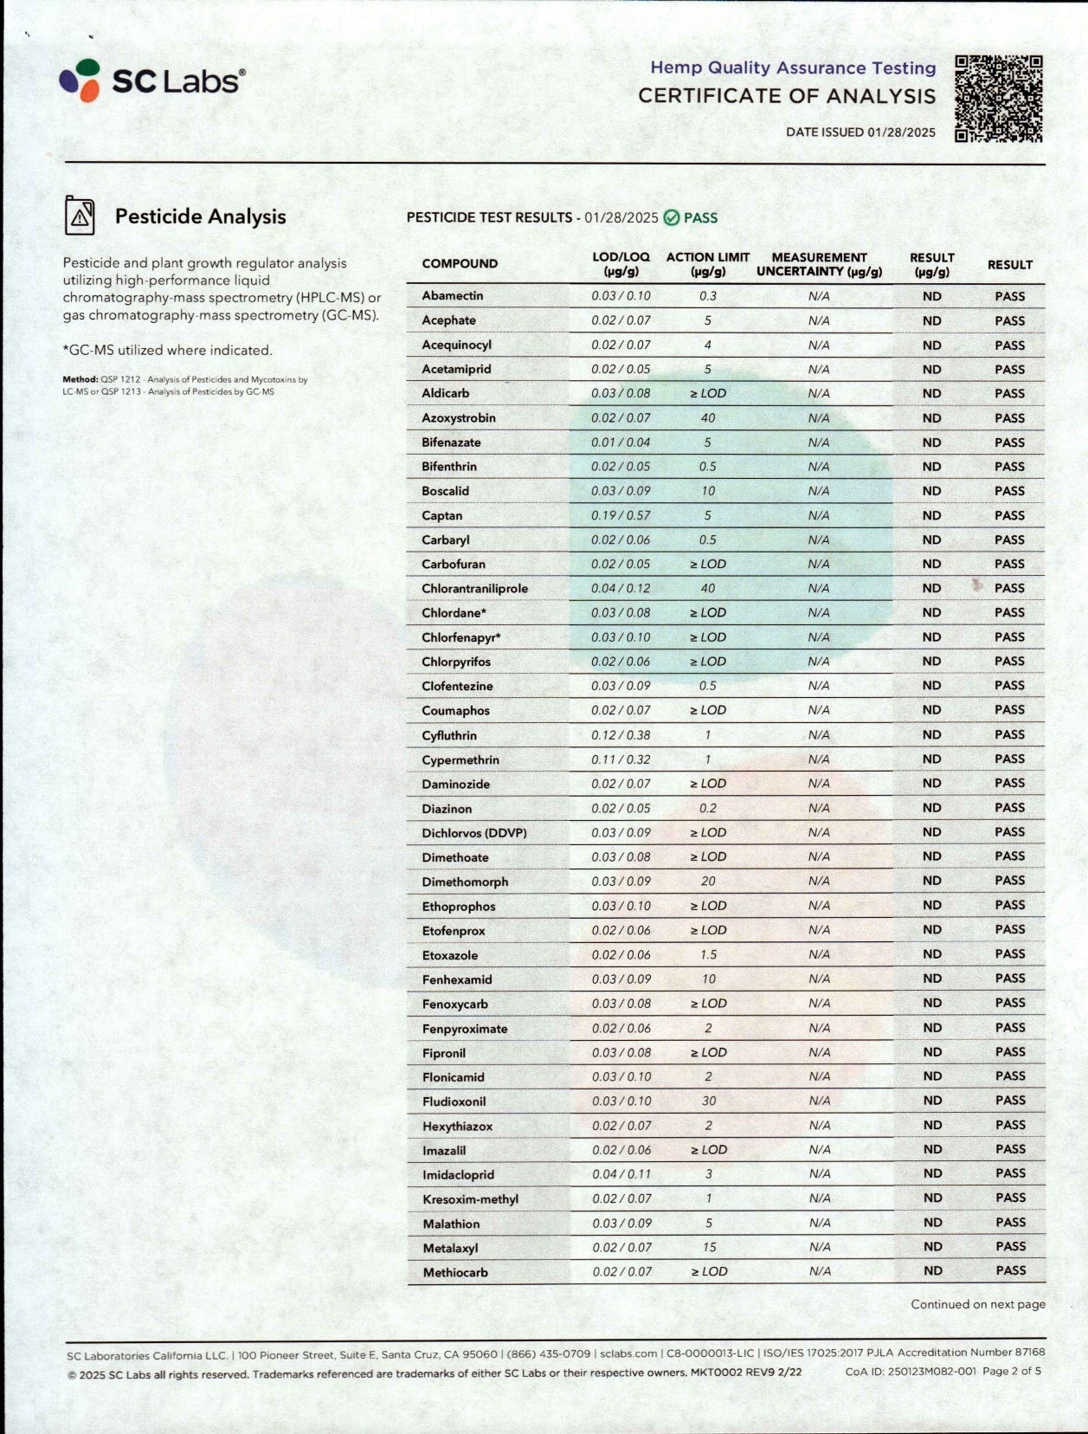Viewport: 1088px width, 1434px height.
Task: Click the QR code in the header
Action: click(x=998, y=99)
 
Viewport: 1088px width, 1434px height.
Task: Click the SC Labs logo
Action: click(x=152, y=81)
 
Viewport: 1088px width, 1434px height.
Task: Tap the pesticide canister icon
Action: click(x=80, y=216)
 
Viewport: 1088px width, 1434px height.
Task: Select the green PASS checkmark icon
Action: click(x=672, y=217)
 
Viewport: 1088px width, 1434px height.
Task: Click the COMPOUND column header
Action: click(x=460, y=264)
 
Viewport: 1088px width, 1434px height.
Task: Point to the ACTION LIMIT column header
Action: click(x=707, y=264)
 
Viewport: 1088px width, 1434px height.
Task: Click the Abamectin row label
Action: click(x=452, y=296)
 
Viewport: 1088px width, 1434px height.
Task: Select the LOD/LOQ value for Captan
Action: click(x=621, y=515)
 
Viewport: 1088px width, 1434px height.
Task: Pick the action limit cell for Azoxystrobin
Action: click(x=708, y=418)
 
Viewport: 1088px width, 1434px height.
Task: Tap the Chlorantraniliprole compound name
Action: click(x=474, y=589)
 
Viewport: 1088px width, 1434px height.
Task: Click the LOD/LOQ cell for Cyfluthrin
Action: click(x=621, y=735)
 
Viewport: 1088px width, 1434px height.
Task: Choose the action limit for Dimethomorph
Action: click(x=708, y=882)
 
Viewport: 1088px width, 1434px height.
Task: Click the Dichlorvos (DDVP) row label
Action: click(x=473, y=833)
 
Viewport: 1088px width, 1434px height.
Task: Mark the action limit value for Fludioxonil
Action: click(x=708, y=1101)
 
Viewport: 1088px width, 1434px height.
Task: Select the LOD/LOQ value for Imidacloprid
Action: click(x=621, y=1174)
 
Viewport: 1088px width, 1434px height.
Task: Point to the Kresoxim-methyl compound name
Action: click(x=470, y=1199)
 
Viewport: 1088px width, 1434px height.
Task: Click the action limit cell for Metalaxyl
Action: click(x=709, y=1248)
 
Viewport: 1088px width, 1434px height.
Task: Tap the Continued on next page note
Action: click(x=977, y=1304)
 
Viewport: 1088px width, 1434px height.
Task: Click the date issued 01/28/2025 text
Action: click(x=860, y=132)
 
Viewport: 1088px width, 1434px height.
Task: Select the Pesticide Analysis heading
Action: click(x=200, y=216)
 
